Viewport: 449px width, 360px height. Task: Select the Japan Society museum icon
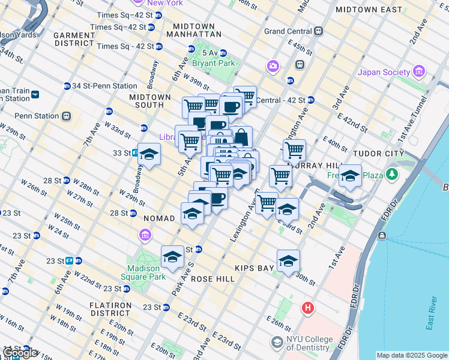click(419, 73)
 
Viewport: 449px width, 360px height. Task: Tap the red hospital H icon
click(308, 308)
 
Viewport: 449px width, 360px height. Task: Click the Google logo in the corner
click(19, 353)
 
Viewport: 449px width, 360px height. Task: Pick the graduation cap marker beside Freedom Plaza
click(350, 176)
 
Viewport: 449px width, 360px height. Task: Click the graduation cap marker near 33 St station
click(148, 154)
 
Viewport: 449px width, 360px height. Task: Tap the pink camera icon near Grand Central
click(274, 66)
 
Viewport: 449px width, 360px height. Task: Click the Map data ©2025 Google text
click(411, 355)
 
